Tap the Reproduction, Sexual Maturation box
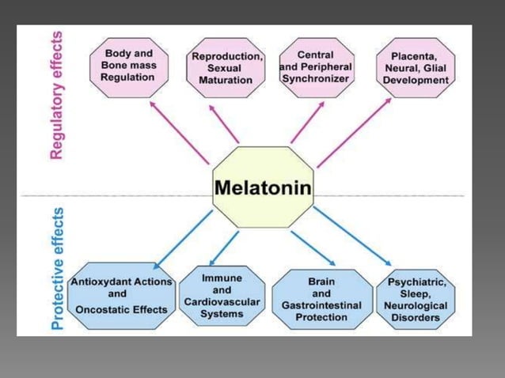[x=227, y=69]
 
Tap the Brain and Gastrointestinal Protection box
[x=321, y=299]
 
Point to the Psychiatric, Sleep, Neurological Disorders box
[x=416, y=299]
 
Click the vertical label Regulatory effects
[x=57, y=96]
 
